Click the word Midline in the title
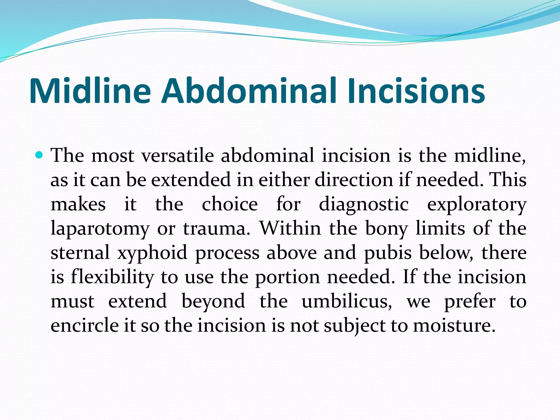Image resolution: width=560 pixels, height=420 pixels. click(90, 91)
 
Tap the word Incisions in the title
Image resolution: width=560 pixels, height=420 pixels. click(416, 91)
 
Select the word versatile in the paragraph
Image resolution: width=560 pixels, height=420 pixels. click(178, 156)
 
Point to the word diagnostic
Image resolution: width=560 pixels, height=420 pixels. click(364, 205)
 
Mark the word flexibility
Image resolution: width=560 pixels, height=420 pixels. click(112, 277)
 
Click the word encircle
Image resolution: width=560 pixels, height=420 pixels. click(85, 326)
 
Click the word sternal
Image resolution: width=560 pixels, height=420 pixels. click(80, 253)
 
